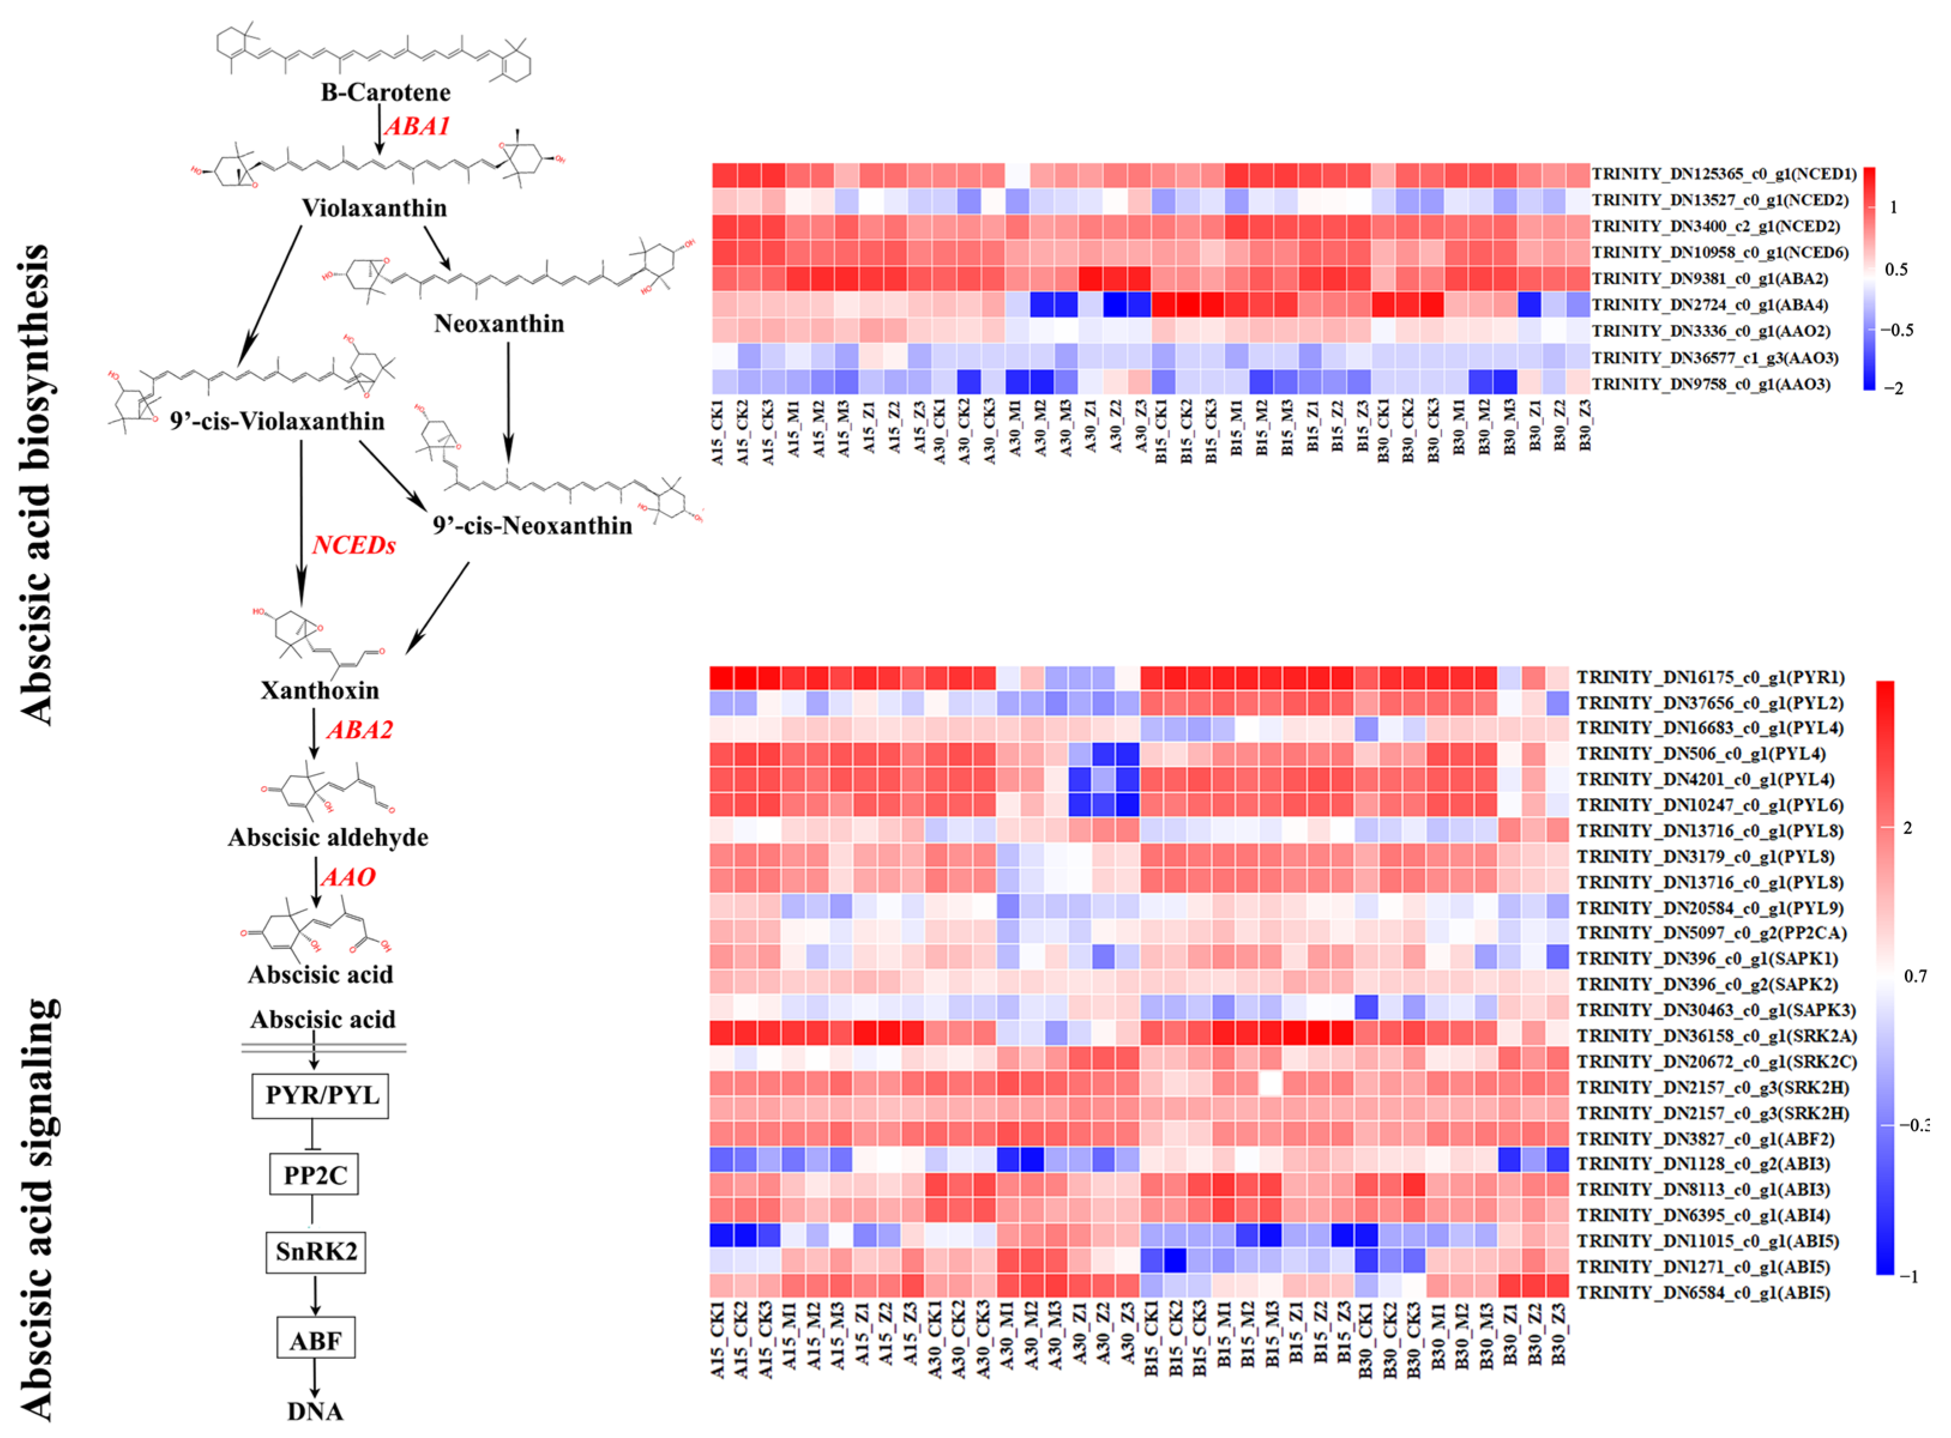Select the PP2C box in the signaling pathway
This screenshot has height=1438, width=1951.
[x=314, y=1175]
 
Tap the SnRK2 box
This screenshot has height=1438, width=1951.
[x=315, y=1252]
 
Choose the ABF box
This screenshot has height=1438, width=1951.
[x=315, y=1340]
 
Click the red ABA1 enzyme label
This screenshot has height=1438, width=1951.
[x=417, y=126]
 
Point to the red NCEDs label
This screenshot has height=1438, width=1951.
[x=354, y=545]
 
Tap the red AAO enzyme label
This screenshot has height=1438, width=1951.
[x=348, y=877]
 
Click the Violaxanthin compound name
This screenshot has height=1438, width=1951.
[x=375, y=208]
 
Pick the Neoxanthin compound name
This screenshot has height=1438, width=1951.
[x=499, y=324]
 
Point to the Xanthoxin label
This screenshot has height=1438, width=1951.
[x=319, y=690]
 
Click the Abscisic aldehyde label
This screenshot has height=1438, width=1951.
[x=328, y=838]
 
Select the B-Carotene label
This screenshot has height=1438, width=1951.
[x=385, y=92]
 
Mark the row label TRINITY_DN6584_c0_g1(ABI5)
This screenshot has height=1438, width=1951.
[x=1703, y=1292]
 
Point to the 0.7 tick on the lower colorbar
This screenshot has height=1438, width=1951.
[x=1915, y=977]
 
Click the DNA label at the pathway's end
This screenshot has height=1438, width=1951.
[x=315, y=1411]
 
